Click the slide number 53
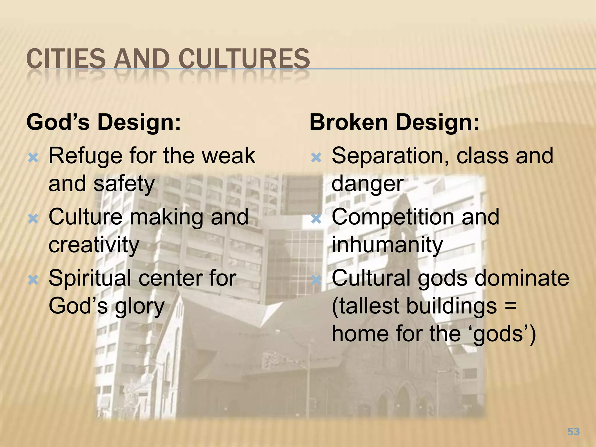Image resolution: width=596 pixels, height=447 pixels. (574, 431)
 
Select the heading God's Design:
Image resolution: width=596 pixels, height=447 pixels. (104, 122)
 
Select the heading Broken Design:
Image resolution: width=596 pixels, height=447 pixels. (394, 122)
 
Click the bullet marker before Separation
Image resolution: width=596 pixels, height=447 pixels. (316, 158)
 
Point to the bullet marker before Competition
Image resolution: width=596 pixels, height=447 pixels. (316, 219)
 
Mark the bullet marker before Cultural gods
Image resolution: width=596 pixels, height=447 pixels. (316, 280)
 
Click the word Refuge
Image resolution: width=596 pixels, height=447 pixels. (85, 157)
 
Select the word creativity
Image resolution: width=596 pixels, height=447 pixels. (94, 245)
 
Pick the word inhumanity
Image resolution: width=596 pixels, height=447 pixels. (387, 245)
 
